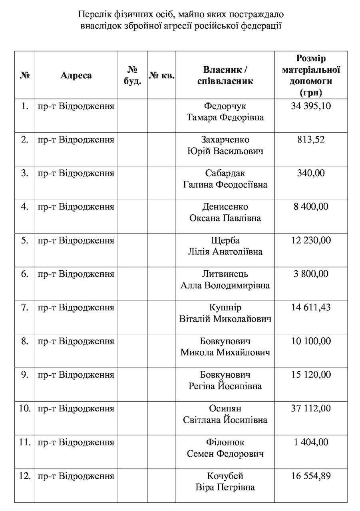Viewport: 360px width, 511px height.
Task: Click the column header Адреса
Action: pyautogui.click(x=76, y=75)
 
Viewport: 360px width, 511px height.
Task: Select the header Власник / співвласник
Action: pyautogui.click(x=225, y=75)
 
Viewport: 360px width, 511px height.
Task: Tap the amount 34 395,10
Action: pyautogui.click(x=310, y=106)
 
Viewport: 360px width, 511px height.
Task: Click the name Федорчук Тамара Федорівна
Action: pyautogui.click(x=225, y=112)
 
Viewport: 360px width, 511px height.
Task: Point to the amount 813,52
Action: pyautogui.click(x=310, y=140)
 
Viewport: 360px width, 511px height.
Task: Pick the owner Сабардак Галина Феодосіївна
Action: pyautogui.click(x=225, y=179)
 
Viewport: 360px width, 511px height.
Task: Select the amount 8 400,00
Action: pyautogui.click(x=310, y=207)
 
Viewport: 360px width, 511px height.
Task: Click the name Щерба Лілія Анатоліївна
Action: pyautogui.click(x=225, y=246)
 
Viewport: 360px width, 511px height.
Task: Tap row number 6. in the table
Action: pyautogui.click(x=25, y=274)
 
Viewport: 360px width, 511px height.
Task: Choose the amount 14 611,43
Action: pyautogui.click(x=310, y=307)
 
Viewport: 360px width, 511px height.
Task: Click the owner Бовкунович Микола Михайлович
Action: pyautogui.click(x=225, y=347)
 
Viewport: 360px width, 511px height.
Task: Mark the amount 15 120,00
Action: pyautogui.click(x=310, y=374)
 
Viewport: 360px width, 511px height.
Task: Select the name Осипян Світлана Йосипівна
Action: pyautogui.click(x=225, y=414)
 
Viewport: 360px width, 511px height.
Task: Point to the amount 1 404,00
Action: pyautogui.click(x=310, y=442)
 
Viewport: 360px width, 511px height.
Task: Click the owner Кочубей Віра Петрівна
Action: pyautogui.click(x=225, y=481)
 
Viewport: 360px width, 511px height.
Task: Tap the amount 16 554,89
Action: pyautogui.click(x=310, y=476)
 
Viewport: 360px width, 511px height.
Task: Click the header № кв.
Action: pyautogui.click(x=161, y=75)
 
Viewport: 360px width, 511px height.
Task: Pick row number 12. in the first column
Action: pyautogui.click(x=25, y=476)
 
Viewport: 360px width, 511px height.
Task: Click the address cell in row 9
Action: pyautogui.click(x=76, y=375)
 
